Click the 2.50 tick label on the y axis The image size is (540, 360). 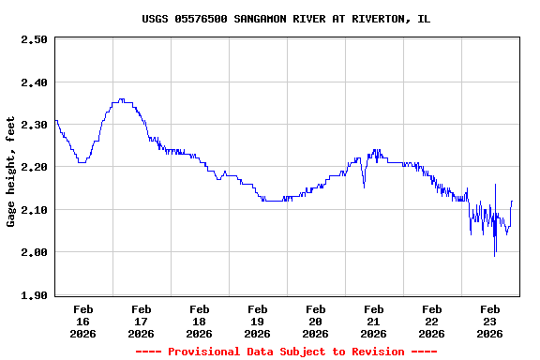click(x=34, y=39)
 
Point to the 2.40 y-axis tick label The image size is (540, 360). click(x=34, y=82)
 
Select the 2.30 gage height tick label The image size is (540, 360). click(x=34, y=125)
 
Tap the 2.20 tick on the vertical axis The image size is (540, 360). click(x=34, y=167)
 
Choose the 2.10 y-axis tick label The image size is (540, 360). click(x=34, y=210)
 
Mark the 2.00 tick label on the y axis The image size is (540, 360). click(x=34, y=252)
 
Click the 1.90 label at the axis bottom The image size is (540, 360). click(x=34, y=295)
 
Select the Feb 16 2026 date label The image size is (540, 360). click(x=82, y=321)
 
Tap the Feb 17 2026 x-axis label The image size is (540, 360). click(x=141, y=321)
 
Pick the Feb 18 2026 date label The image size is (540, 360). click(x=199, y=321)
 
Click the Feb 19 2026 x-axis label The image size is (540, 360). click(x=257, y=321)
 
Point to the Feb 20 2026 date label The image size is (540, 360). click(x=315, y=321)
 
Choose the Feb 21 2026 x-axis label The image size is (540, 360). click(x=373, y=321)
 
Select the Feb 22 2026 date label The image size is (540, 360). click(x=431, y=321)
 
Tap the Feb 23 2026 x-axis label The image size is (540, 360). click(x=489, y=321)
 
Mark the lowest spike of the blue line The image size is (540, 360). click(x=495, y=255)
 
